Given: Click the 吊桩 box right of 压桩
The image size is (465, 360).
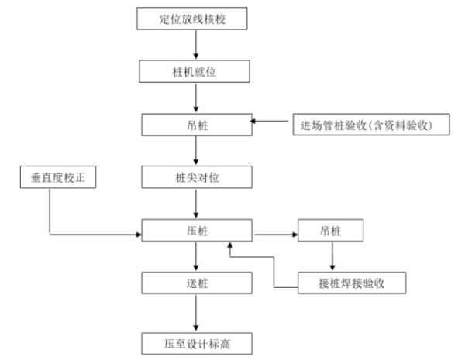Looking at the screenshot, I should pyautogui.click(x=333, y=230).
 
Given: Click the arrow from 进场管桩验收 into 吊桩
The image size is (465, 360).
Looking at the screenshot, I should pyautogui.click(x=272, y=122).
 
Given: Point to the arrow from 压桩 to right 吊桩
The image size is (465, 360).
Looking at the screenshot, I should pyautogui.click(x=274, y=230).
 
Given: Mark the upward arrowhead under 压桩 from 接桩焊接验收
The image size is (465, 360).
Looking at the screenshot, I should pyautogui.click(x=229, y=247).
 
